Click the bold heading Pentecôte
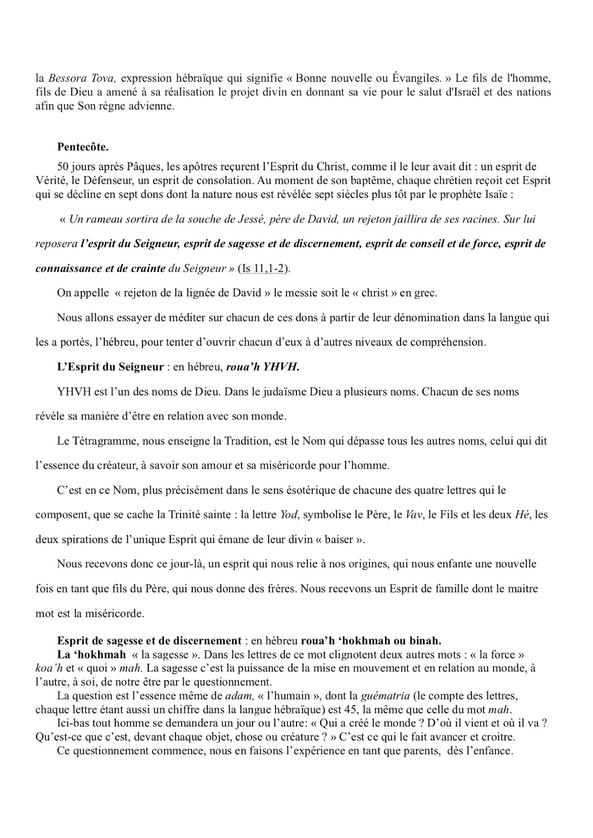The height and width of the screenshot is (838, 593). pyautogui.click(x=83, y=146)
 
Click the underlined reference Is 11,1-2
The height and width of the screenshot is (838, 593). pyautogui.click(x=264, y=268)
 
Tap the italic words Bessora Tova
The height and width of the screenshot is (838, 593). pyautogui.click(x=82, y=78)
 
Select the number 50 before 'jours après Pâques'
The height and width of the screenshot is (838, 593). pyautogui.click(x=63, y=167)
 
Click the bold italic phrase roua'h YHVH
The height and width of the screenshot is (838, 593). pyautogui.click(x=262, y=367)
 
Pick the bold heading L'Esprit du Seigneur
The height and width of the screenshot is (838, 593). pyautogui.click(x=111, y=367)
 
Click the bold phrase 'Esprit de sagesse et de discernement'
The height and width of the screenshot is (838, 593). pyautogui.click(x=149, y=641)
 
